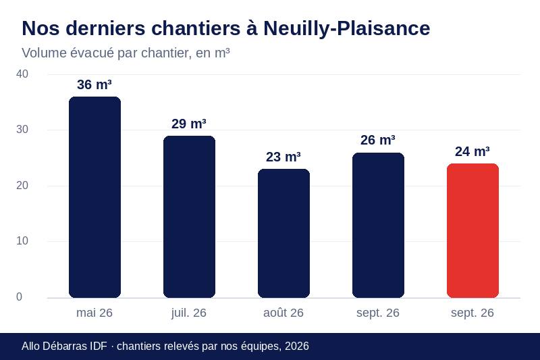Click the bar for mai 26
click(x=94, y=197)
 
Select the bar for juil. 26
click(x=189, y=217)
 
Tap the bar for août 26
click(x=283, y=233)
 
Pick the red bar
click(x=473, y=230)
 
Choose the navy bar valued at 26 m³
click(x=378, y=225)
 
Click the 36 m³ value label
click(x=94, y=84)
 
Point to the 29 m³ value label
click(x=189, y=124)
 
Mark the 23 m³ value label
click(x=283, y=157)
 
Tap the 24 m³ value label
click(x=473, y=151)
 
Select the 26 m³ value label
click(x=378, y=140)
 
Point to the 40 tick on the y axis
click(x=22, y=74)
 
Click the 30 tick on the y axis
click(x=22, y=130)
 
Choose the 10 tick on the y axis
click(x=22, y=241)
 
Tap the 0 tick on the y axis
click(x=20, y=297)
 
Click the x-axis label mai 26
click(x=94, y=313)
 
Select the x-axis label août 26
click(x=283, y=313)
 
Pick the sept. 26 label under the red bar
click(x=473, y=313)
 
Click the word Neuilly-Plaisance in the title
click(x=347, y=28)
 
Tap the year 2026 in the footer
click(x=297, y=346)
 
